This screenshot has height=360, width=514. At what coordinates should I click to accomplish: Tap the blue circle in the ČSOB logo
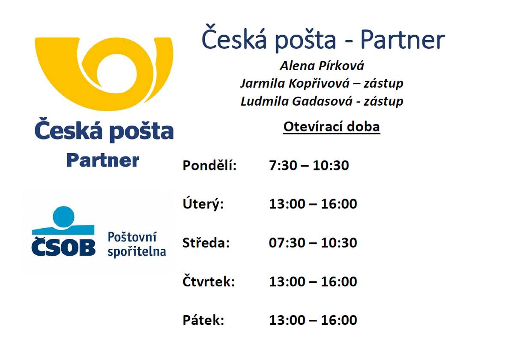64,215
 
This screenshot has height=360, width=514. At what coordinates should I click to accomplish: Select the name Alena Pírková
322,66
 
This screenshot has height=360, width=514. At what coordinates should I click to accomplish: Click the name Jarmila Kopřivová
299,83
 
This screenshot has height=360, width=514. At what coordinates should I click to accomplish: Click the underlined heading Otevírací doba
332,127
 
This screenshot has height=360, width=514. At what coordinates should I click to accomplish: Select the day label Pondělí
209,165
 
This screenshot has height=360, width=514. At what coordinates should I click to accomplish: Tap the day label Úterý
203,204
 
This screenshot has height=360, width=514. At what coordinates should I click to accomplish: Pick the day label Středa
206,243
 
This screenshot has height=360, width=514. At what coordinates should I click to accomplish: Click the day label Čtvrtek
209,282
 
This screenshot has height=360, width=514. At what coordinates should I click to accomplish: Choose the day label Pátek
203,320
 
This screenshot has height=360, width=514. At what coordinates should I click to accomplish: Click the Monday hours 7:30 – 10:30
309,165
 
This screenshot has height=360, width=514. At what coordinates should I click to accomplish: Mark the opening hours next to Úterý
313,204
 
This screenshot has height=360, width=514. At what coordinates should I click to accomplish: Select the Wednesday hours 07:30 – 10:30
313,243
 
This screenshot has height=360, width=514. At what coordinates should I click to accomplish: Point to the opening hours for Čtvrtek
313,282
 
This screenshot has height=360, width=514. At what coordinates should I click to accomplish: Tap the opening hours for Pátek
313,320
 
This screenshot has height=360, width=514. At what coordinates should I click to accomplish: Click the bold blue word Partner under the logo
103,161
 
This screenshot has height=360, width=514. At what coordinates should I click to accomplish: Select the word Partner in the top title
402,39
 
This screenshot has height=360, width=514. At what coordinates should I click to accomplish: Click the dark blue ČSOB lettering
63,247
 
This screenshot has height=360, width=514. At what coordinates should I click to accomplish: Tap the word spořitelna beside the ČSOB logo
136,251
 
